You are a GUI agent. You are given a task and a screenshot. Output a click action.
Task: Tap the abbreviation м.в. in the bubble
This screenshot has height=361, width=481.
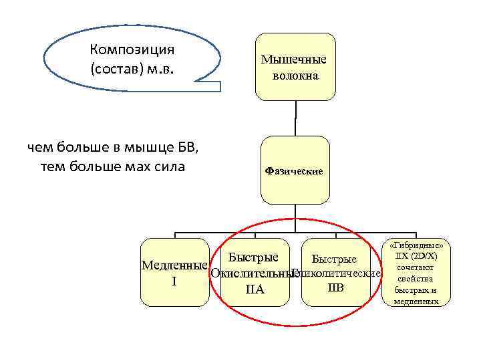[x=160, y=68]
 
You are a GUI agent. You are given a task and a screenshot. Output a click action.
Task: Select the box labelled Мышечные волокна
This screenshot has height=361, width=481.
[x=295, y=67]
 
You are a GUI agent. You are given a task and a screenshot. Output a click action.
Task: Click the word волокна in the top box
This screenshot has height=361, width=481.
[x=295, y=76]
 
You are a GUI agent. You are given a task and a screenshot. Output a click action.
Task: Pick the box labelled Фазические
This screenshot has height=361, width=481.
[x=295, y=170]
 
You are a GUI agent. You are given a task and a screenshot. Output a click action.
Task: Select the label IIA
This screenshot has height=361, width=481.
[x=255, y=290]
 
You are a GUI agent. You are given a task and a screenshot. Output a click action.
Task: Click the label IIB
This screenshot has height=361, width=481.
[x=335, y=288]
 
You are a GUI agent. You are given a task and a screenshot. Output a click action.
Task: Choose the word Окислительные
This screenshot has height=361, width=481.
[x=251, y=274]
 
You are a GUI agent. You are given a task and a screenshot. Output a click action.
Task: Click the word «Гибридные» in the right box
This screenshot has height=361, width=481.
[x=416, y=246]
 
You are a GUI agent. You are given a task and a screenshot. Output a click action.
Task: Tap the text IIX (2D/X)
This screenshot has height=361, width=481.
[x=416, y=256]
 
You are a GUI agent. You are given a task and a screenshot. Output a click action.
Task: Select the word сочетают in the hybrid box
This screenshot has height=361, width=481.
[x=416, y=267]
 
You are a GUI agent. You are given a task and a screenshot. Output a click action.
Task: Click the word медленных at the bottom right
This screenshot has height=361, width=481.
[x=416, y=302]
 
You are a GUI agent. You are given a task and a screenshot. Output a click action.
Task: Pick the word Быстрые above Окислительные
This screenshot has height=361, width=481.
[x=253, y=257]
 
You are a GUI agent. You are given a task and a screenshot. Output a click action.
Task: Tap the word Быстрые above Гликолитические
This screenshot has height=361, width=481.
[x=334, y=259]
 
